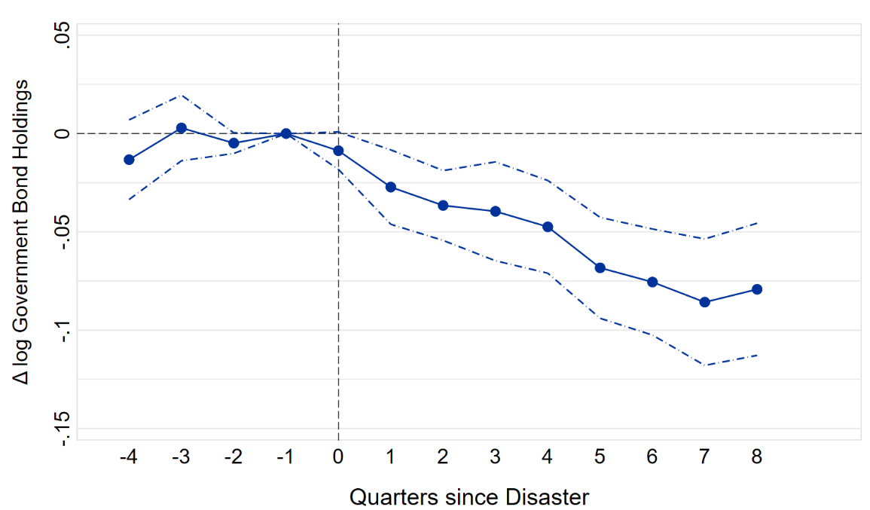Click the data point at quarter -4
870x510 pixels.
click(129, 160)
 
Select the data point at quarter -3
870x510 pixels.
click(182, 128)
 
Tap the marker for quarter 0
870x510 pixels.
click(338, 151)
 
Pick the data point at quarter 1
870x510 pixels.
click(391, 187)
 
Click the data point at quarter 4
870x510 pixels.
click(548, 227)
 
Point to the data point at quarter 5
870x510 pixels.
click(600, 267)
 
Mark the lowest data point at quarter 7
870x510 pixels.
click(705, 302)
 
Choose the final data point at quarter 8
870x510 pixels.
click(757, 289)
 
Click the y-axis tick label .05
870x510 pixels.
click(63, 35)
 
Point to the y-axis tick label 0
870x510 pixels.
click(63, 133)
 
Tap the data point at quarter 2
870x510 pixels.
click(443, 205)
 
